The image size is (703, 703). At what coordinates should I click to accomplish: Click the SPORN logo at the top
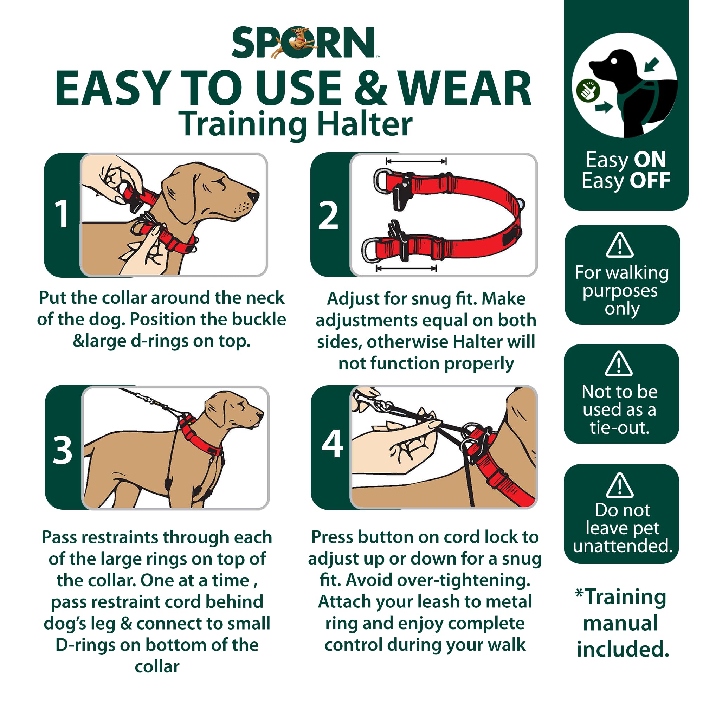(x=304, y=43)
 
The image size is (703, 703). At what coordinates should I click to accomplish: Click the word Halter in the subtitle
(x=365, y=124)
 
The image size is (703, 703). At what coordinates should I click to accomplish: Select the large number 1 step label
(x=62, y=215)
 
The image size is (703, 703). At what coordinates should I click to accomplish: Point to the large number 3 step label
(x=63, y=451)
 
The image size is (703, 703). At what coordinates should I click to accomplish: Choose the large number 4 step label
(x=332, y=444)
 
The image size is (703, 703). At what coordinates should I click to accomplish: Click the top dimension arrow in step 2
(x=416, y=161)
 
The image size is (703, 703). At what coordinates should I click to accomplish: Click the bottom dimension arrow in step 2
(x=406, y=269)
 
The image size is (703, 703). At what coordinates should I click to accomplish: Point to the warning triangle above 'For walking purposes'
(x=620, y=245)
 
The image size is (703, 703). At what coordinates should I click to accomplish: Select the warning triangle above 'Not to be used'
(x=619, y=364)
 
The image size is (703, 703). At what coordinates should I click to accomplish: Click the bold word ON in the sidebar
(x=650, y=159)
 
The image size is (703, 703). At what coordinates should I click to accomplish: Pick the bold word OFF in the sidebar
(x=650, y=180)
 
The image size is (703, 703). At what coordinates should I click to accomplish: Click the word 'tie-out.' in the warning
(x=620, y=427)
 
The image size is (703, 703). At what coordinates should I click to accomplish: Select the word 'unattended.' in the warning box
(x=623, y=546)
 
